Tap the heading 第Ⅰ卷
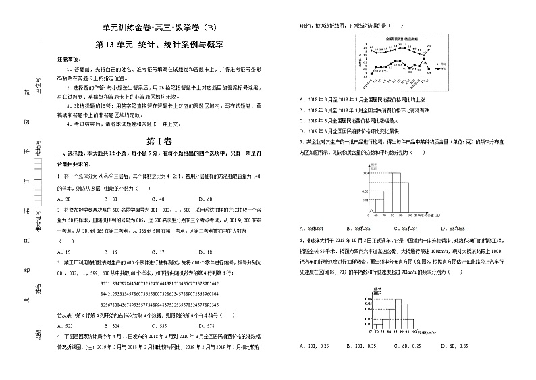pos(159,141)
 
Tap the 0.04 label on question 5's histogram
pos(365,174)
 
